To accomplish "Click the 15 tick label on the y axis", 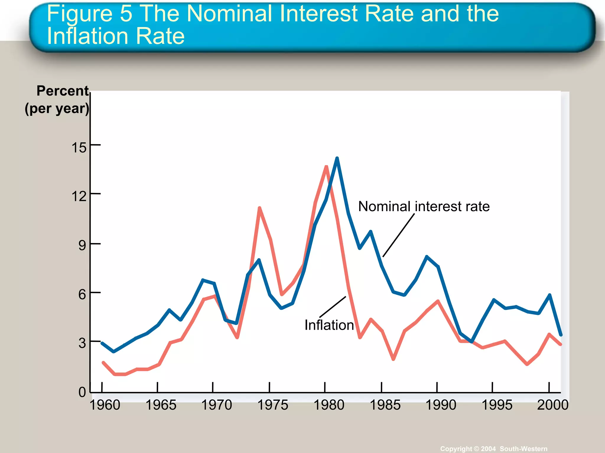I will [x=79, y=147].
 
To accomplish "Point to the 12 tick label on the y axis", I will [x=79, y=196].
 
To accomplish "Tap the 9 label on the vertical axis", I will [x=82, y=245].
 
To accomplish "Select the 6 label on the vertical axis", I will [x=82, y=294].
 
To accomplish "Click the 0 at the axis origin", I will [x=82, y=392].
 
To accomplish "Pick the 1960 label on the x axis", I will [x=105, y=405].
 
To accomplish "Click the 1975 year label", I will [x=273, y=405].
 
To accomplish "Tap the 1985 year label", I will [x=385, y=405].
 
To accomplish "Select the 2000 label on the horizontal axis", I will [x=553, y=405].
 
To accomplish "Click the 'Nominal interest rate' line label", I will [x=424, y=206].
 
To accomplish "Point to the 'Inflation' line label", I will [x=329, y=325].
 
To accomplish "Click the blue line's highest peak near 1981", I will [x=337, y=158].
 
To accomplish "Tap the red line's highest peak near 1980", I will [x=326, y=167].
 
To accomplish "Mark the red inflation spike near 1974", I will [x=259, y=208].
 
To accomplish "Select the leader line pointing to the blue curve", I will [x=399, y=235].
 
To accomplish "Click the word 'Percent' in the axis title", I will [x=62, y=91].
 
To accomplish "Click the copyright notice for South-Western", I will [x=494, y=449].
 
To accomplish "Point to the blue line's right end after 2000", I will [x=561, y=335].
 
